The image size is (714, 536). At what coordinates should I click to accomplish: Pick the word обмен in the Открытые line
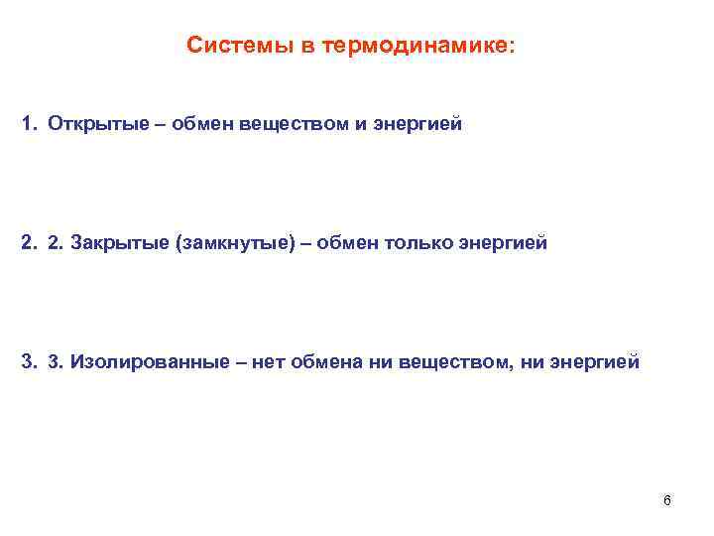coord(202,126)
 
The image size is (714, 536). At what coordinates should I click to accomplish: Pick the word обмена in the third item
coord(325,362)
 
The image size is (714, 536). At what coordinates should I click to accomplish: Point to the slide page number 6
coord(667,500)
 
